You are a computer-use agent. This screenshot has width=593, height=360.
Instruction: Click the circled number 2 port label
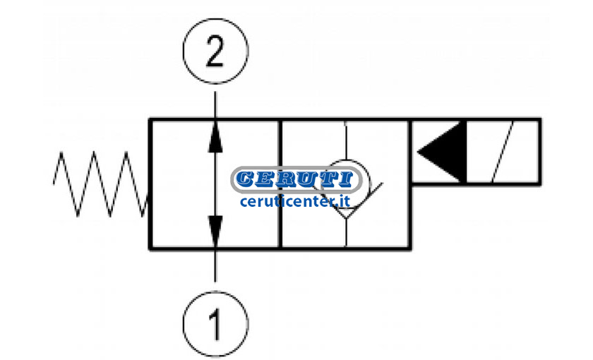(x=215, y=51)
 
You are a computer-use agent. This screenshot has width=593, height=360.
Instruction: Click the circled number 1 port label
(x=215, y=325)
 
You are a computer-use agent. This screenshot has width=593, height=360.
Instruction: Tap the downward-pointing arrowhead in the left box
(x=215, y=231)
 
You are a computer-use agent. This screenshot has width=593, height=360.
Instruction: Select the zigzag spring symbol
(x=101, y=184)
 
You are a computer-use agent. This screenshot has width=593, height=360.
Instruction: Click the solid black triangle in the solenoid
(x=441, y=152)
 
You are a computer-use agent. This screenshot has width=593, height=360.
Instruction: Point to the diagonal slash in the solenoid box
(x=503, y=152)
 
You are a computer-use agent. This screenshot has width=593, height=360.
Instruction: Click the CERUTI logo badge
(x=296, y=179)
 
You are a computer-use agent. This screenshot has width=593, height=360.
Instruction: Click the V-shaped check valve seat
(x=352, y=200)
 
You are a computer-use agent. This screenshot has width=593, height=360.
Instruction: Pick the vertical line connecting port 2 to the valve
(x=215, y=107)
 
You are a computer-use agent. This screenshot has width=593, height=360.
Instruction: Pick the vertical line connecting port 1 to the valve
(x=215, y=265)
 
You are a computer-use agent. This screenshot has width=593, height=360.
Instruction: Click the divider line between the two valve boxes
(x=280, y=184)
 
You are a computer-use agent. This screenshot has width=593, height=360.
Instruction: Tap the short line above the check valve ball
(x=346, y=140)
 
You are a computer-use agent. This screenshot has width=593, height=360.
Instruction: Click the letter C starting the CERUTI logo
(x=246, y=179)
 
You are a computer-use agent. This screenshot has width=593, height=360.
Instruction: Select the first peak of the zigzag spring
(x=61, y=152)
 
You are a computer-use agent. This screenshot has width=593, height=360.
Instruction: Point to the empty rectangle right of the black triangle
(x=503, y=152)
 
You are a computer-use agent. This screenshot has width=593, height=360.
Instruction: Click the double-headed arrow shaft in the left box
(x=215, y=184)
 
